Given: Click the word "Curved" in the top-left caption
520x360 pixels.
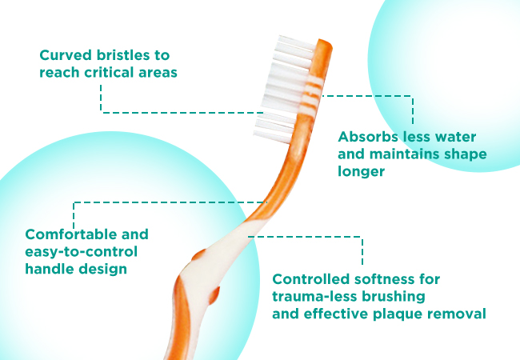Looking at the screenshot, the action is click(x=66, y=55).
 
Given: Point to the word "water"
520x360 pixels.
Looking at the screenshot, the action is click(x=455, y=137).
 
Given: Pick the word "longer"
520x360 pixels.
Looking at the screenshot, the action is click(x=361, y=172).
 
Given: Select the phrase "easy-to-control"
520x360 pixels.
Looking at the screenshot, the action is click(x=82, y=252).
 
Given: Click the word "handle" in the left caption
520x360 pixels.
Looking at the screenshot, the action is click(x=49, y=269).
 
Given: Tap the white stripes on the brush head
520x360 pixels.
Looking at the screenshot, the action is click(x=311, y=93).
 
